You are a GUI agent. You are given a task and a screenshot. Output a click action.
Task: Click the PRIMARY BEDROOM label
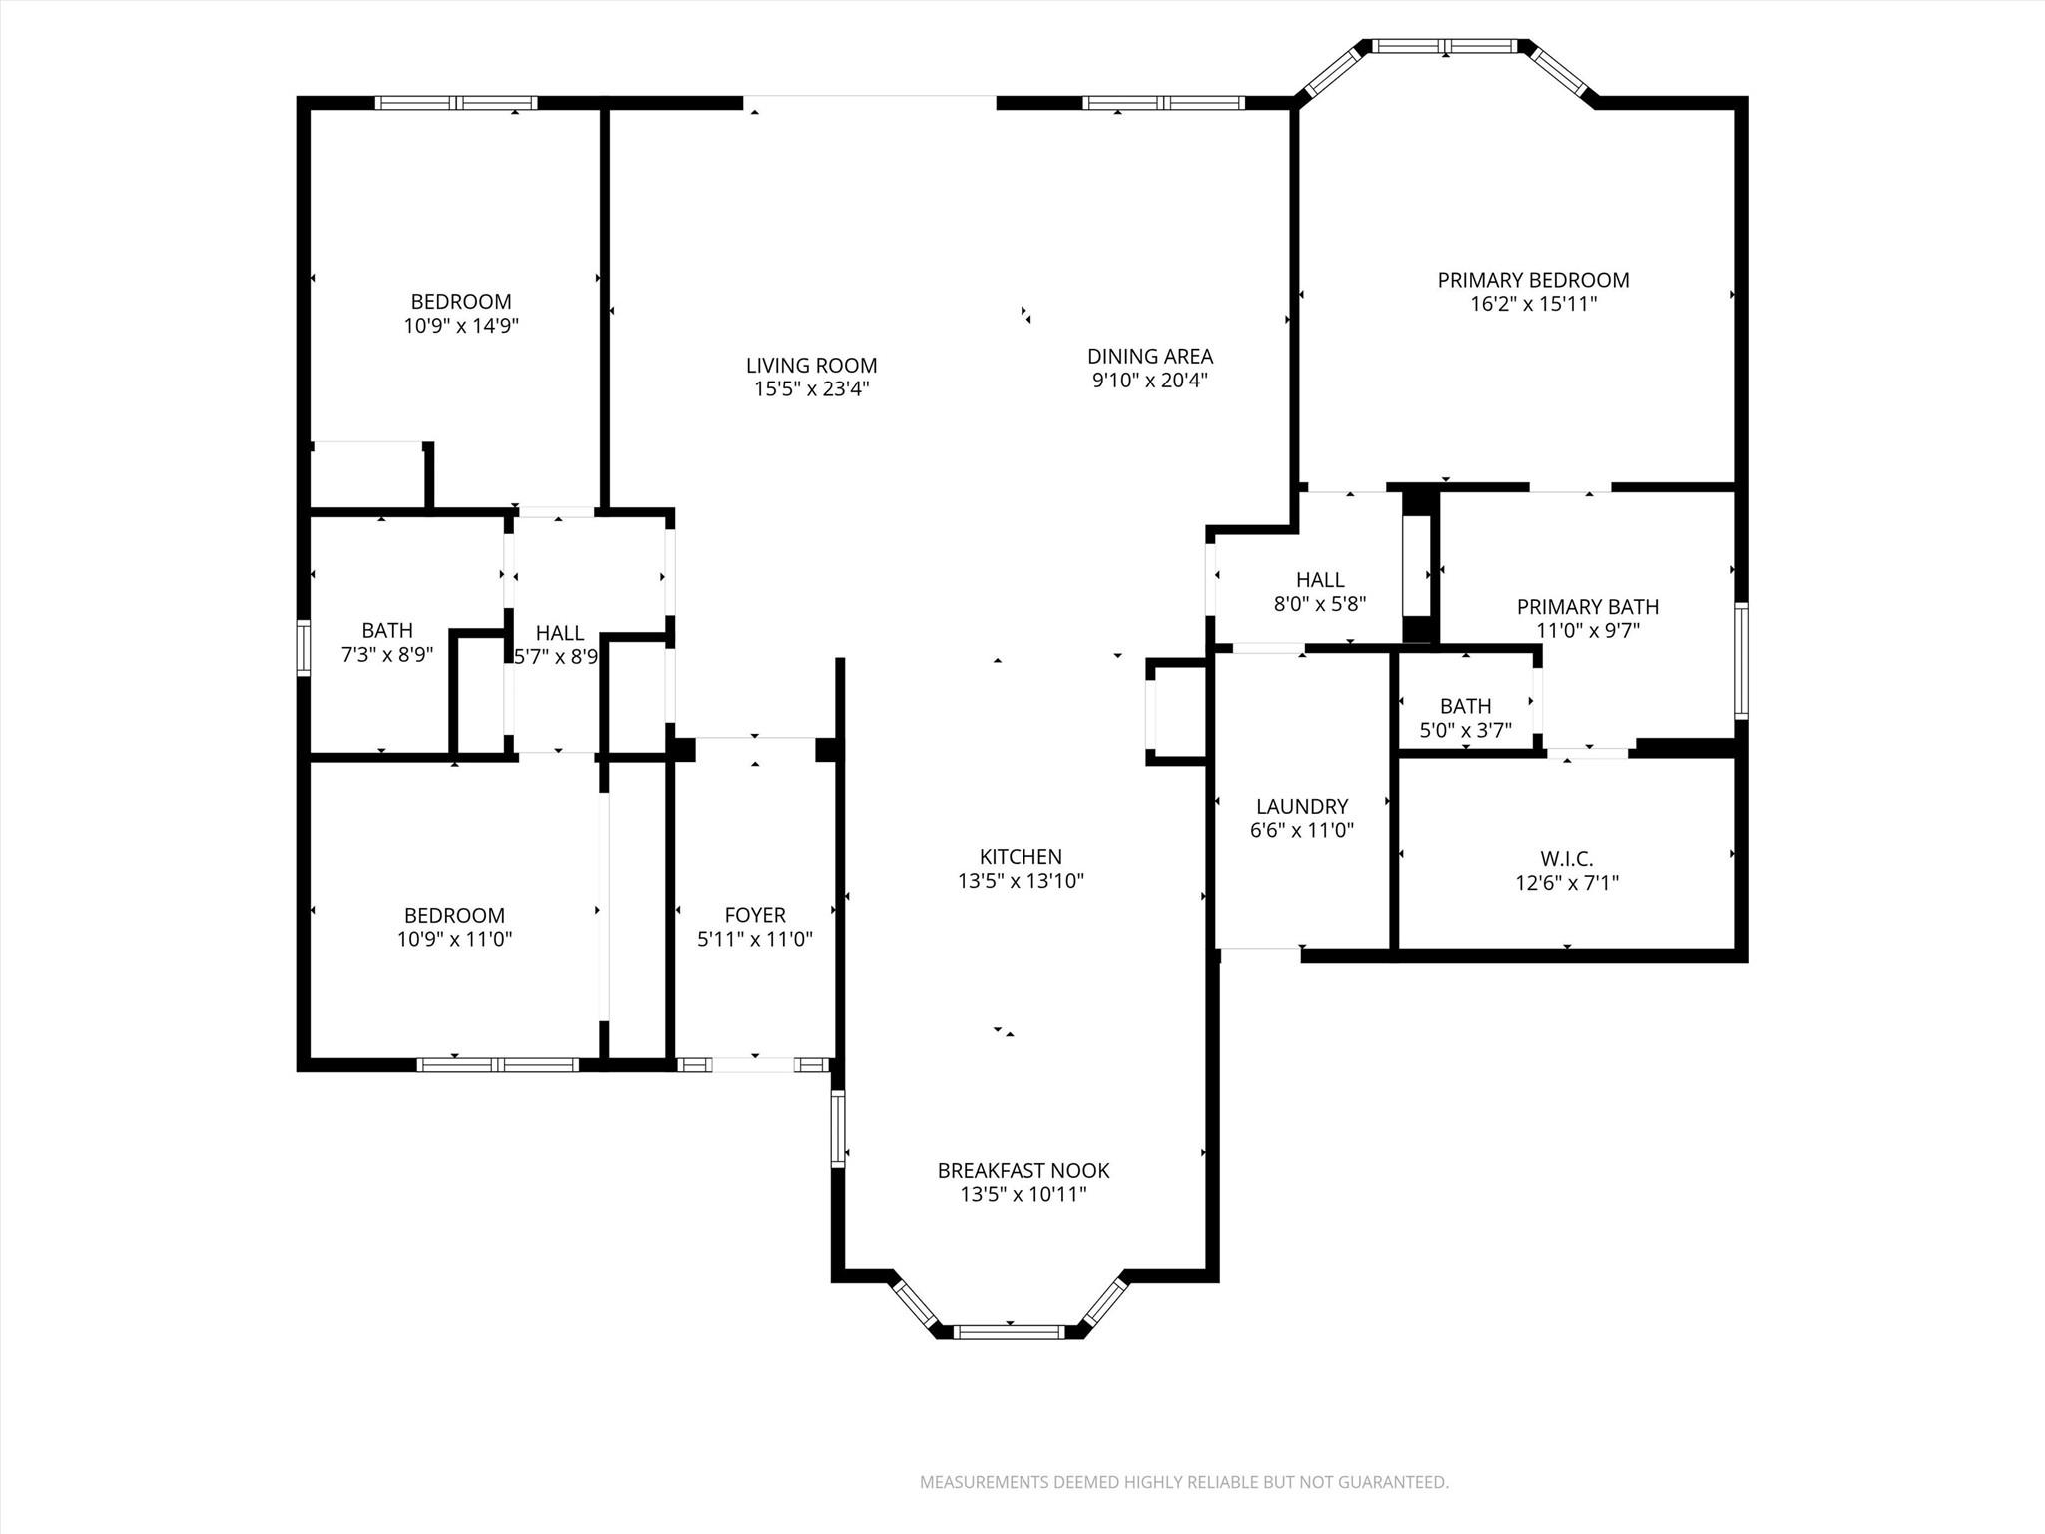[x=1533, y=281]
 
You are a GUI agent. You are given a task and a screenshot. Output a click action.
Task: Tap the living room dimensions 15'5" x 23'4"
[x=811, y=389]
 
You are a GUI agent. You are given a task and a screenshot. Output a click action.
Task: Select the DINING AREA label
[x=1149, y=356]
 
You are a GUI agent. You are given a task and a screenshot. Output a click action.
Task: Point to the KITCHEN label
[x=1021, y=856]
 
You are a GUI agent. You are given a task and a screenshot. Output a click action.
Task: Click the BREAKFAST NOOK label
[x=1022, y=1170]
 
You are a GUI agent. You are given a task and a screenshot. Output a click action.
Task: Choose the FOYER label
[x=755, y=915]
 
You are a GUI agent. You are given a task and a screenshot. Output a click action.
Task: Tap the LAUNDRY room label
[x=1301, y=806]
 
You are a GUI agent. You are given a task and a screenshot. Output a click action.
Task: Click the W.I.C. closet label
[x=1566, y=859]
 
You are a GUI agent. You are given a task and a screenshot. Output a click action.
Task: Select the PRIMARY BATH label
[x=1587, y=607]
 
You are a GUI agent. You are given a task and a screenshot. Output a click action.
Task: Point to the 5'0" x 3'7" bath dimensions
[x=1465, y=730]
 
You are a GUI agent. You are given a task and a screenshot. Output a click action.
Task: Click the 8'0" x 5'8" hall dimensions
[x=1319, y=604]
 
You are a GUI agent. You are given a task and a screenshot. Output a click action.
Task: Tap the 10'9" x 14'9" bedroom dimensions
[x=461, y=326]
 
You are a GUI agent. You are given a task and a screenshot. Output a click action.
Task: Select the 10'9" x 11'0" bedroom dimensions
[x=454, y=939]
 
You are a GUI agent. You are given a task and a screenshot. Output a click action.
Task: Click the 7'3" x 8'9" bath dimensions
[x=387, y=655]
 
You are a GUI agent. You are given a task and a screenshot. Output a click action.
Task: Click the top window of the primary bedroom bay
[x=1445, y=46]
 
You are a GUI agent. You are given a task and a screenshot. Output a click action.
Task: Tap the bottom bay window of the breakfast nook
[x=1009, y=1331]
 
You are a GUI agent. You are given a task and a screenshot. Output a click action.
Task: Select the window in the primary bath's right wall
[x=1740, y=659]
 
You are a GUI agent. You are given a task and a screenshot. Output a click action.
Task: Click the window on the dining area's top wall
[x=1163, y=102]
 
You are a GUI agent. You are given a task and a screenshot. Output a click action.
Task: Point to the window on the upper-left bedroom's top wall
[x=456, y=102]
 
